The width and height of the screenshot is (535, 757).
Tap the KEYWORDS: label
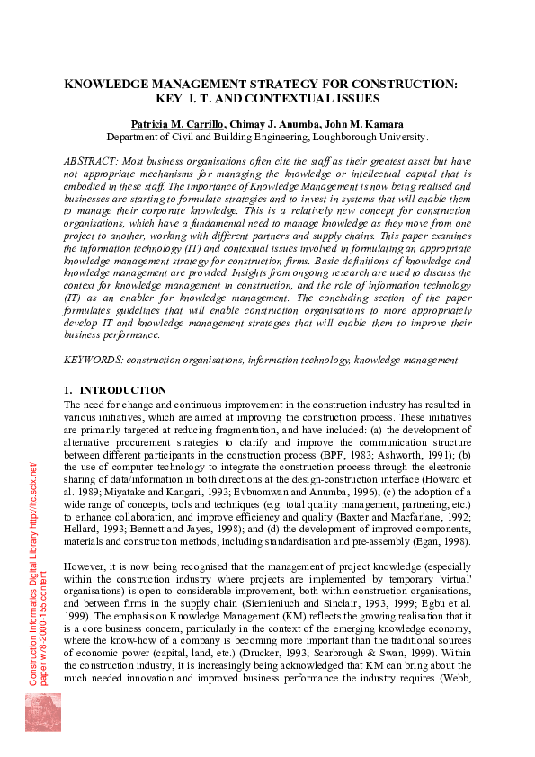coord(94,361)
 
